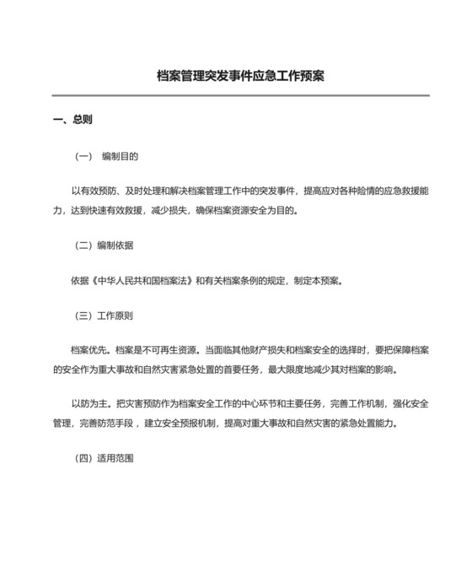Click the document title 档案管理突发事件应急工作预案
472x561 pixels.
point(241,76)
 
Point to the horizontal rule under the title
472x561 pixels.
point(241,95)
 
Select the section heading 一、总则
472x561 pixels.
point(72,120)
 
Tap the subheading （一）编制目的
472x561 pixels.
point(107,156)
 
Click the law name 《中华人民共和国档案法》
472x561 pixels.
point(144,281)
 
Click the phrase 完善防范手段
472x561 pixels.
point(108,423)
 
